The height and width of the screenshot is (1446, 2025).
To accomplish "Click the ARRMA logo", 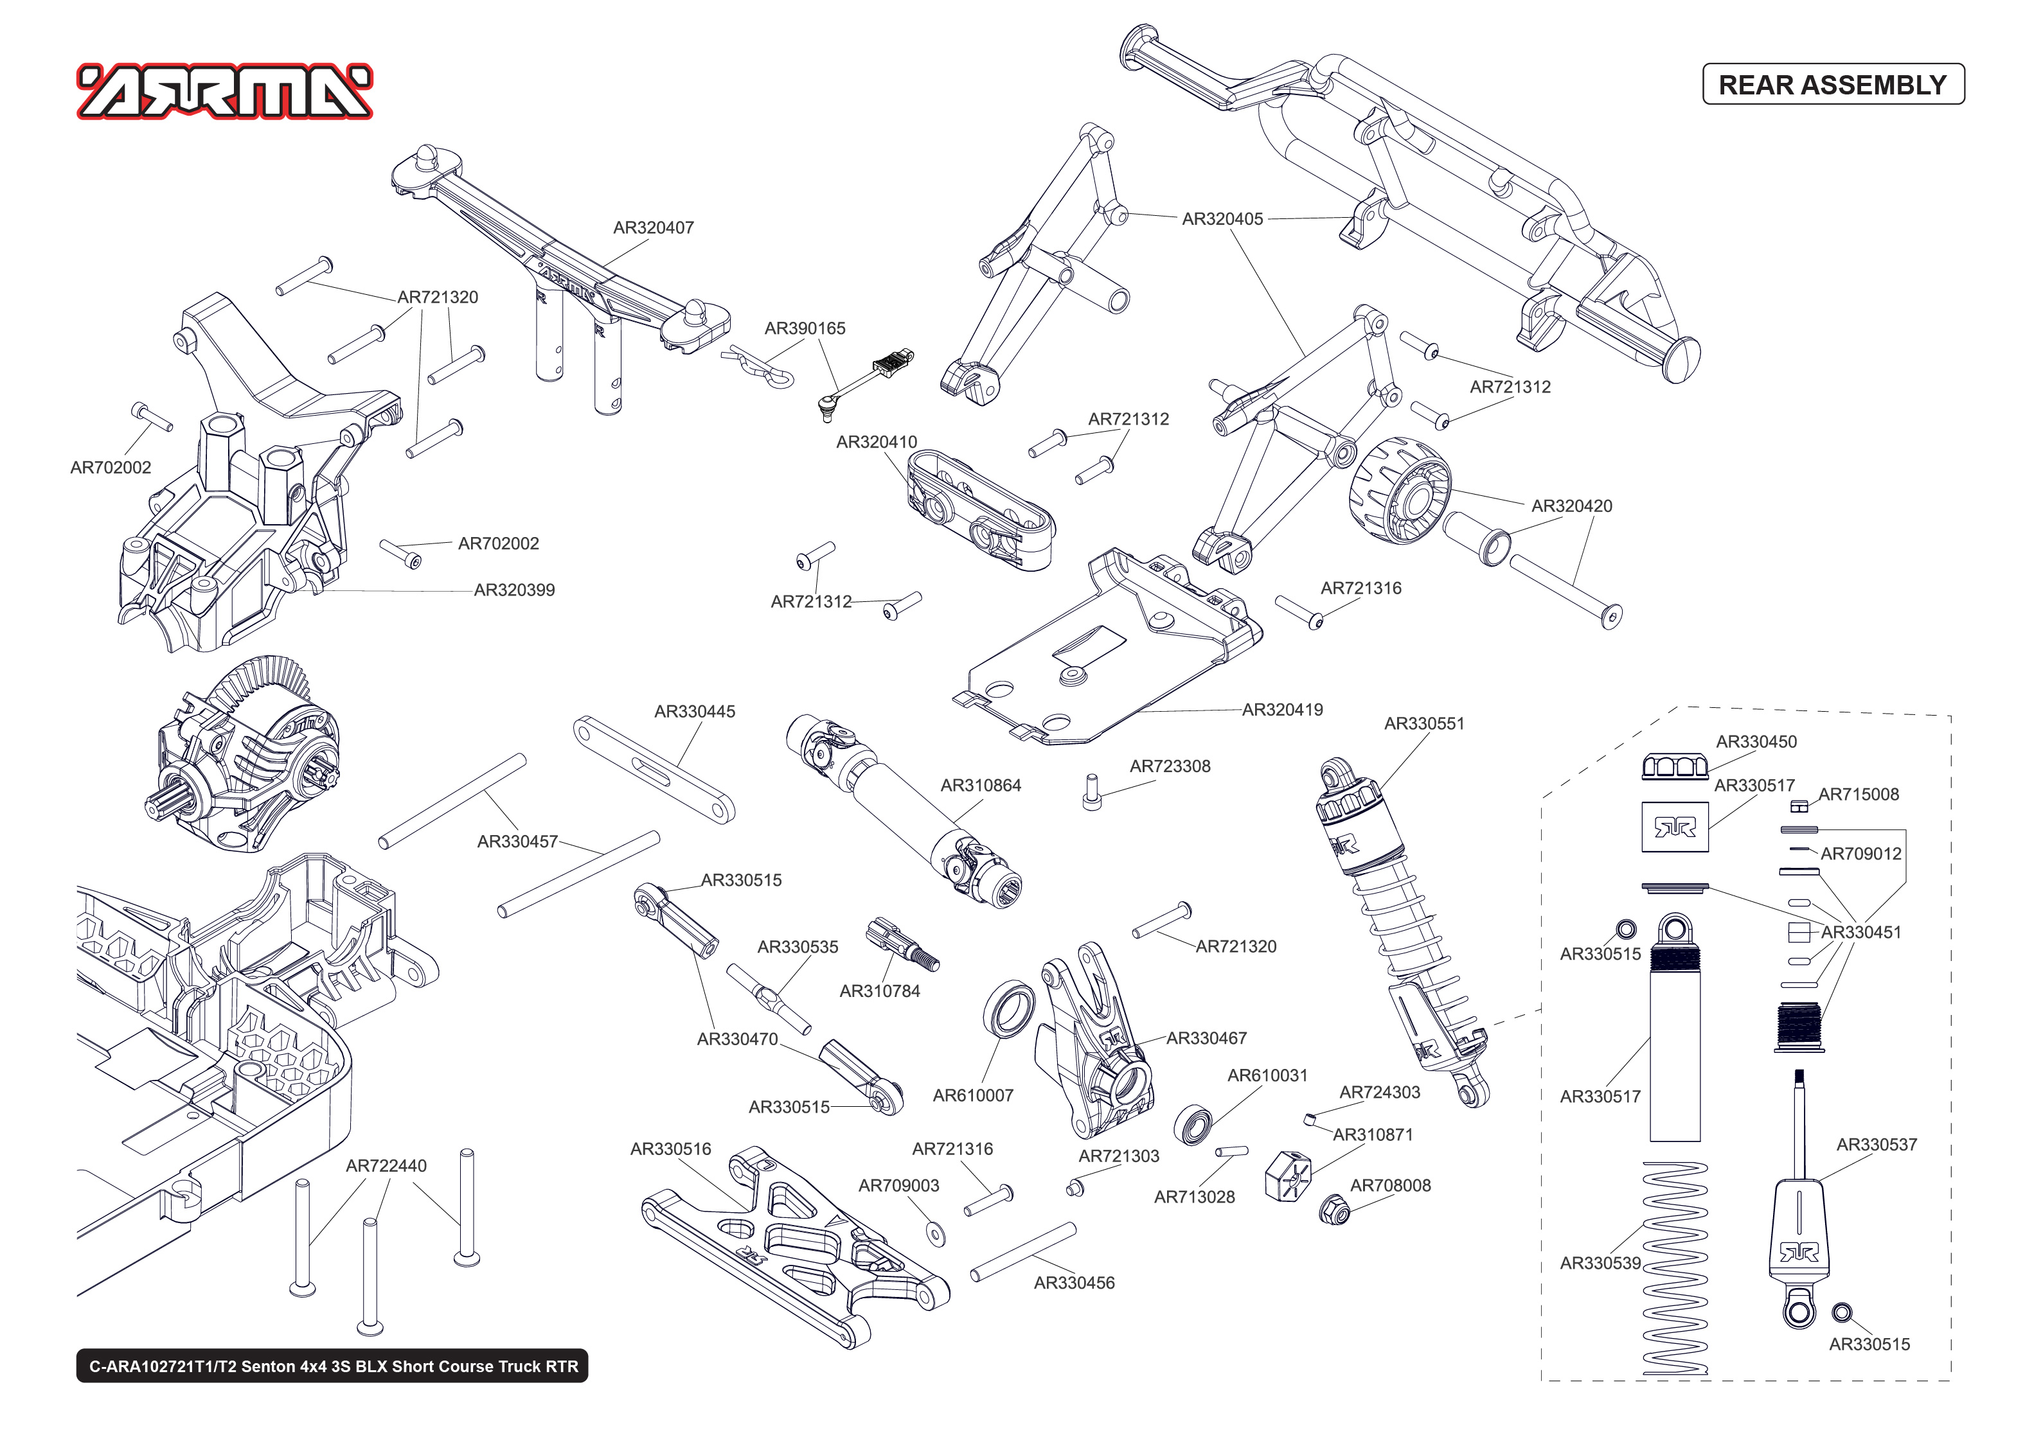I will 224,92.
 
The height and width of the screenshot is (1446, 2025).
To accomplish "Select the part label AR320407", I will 653,228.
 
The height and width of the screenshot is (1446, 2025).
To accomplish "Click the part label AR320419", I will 1281,710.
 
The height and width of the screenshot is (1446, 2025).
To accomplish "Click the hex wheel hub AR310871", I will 1288,1176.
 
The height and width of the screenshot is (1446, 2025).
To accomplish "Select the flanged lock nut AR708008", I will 1334,1209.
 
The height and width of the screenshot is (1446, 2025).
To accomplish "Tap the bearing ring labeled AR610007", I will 1010,1009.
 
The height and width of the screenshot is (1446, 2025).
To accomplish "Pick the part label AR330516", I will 670,1149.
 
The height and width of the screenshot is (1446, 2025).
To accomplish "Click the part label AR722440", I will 386,1165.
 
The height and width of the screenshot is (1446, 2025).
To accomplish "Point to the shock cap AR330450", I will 1673,766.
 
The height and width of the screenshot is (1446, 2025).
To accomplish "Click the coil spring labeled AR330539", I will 1674,1269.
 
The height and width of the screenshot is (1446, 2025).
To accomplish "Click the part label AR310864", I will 981,786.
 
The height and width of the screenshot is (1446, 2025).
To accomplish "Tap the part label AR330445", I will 695,711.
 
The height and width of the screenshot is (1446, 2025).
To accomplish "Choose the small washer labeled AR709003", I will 936,1233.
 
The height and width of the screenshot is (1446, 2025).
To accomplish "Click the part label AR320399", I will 514,590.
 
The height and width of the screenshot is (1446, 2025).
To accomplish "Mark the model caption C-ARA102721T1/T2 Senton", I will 332,1366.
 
